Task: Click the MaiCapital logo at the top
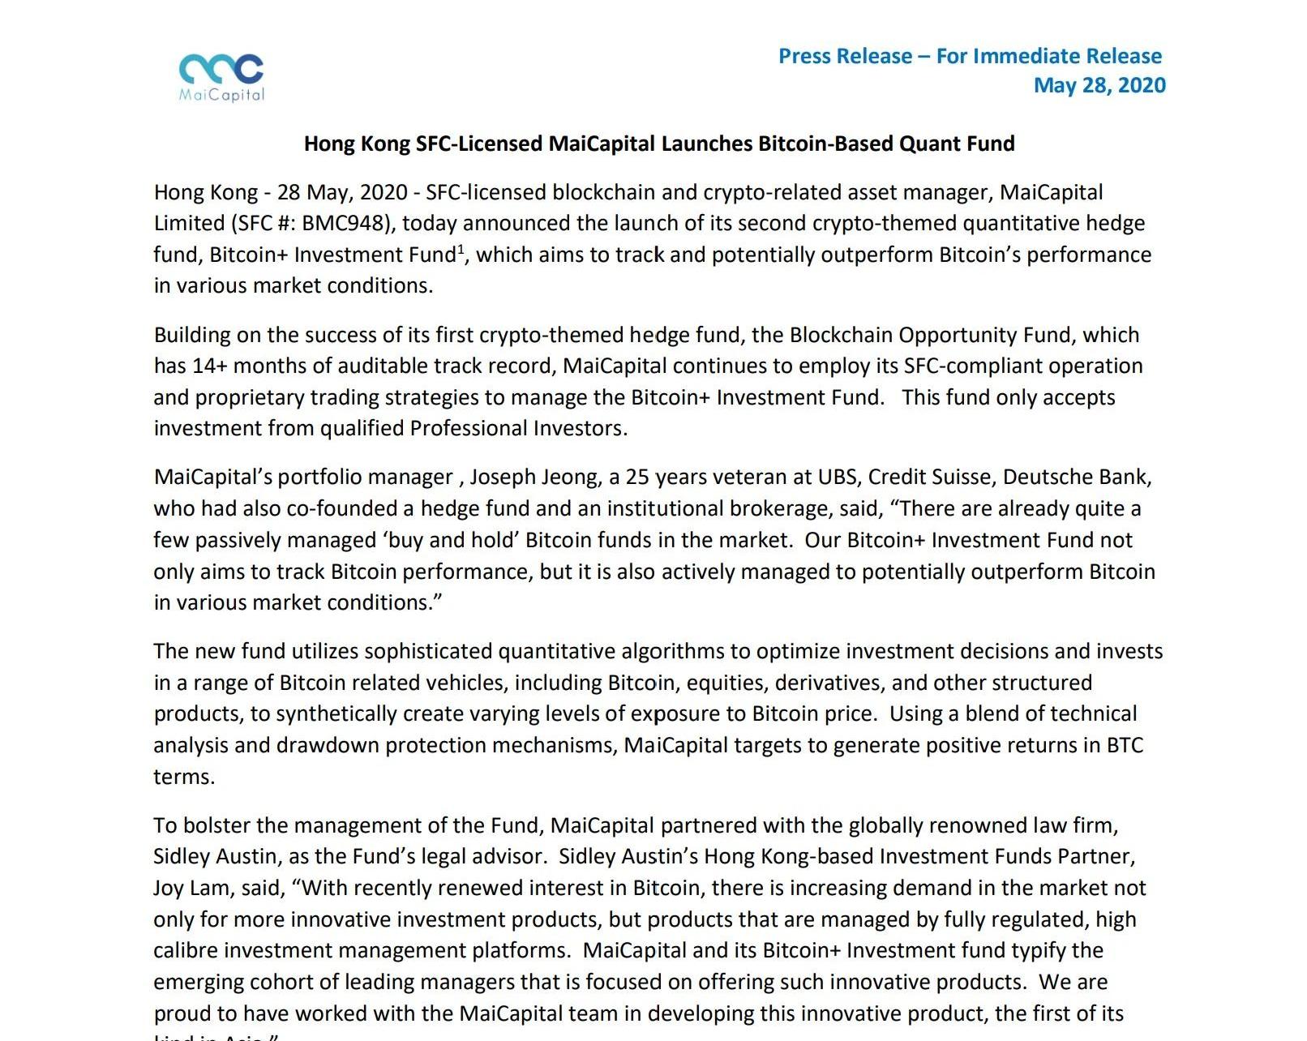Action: pyautogui.click(x=221, y=77)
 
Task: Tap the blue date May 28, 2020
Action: pyautogui.click(x=1099, y=85)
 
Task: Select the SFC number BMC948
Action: pyautogui.click(x=341, y=224)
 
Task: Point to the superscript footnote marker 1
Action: pyautogui.click(x=461, y=248)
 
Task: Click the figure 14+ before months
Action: pyautogui.click(x=210, y=366)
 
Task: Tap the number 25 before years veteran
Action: pyautogui.click(x=637, y=477)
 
